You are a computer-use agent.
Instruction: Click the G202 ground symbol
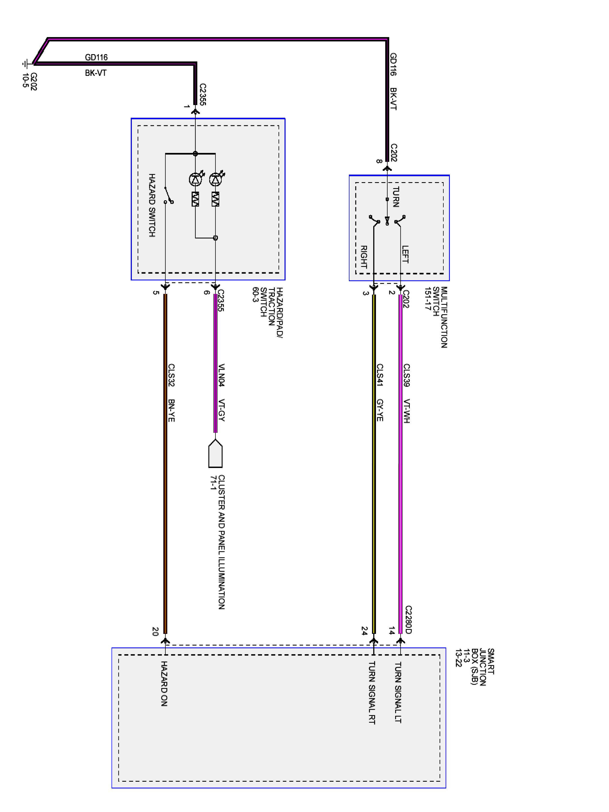coord(25,64)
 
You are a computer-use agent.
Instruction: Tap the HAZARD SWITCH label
coord(152,205)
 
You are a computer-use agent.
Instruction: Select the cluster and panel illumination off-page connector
coord(215,454)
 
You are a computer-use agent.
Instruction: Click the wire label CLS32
coord(171,375)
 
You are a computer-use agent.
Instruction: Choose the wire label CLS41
coord(380,375)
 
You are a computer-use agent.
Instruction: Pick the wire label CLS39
coord(406,375)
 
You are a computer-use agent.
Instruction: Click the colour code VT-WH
coord(406,411)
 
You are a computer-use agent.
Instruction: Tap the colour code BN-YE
coord(171,410)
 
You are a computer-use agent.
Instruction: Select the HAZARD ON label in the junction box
coord(164,683)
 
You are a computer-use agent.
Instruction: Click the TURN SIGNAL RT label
coord(372,693)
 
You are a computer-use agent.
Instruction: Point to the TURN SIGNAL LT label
coord(398,692)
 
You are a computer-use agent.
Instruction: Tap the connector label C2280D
coord(408,620)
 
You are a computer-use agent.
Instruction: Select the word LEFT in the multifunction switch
coord(405,254)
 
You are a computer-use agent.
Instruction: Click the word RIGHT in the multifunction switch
coord(364,257)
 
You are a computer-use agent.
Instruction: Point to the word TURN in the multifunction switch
coord(396,197)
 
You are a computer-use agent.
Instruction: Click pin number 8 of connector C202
coord(379,161)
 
